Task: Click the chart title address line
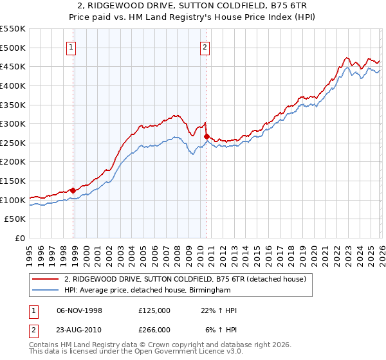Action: (192, 6)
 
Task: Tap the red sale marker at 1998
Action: (73, 190)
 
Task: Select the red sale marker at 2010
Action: (207, 136)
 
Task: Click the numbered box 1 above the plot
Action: (70, 46)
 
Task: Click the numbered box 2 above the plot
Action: (205, 46)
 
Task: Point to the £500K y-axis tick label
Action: (13, 48)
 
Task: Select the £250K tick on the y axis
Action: (13, 143)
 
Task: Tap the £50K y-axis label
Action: (15, 219)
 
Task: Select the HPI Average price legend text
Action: (147, 291)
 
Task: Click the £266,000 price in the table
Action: (154, 330)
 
